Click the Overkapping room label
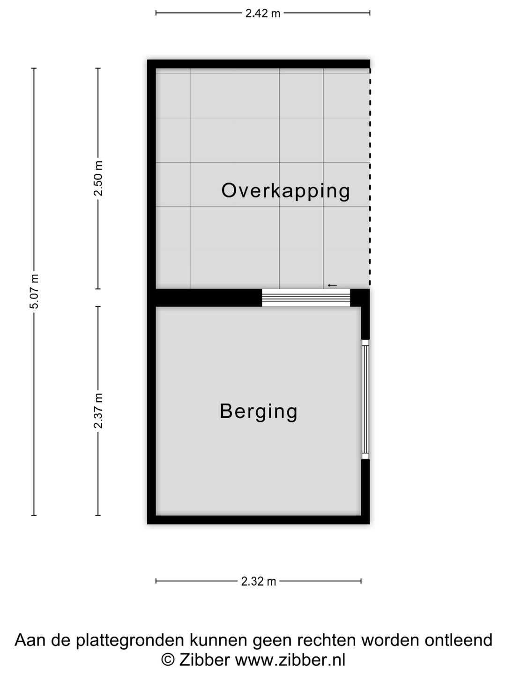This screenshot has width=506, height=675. (285, 191)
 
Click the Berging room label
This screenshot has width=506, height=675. (259, 411)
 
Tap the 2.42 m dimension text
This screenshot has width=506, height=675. (263, 13)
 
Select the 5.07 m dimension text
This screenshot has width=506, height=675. (34, 291)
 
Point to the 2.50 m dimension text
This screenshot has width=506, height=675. (98, 179)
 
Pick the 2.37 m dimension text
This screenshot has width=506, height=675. (98, 411)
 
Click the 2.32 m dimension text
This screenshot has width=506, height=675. (259, 581)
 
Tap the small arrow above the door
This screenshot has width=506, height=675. (332, 285)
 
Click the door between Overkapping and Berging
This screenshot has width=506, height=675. (305, 298)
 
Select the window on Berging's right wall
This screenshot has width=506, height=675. (365, 399)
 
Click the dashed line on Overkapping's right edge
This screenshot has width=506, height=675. (370, 178)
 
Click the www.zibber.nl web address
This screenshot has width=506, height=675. (290, 660)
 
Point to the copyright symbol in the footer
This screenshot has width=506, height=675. (167, 660)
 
